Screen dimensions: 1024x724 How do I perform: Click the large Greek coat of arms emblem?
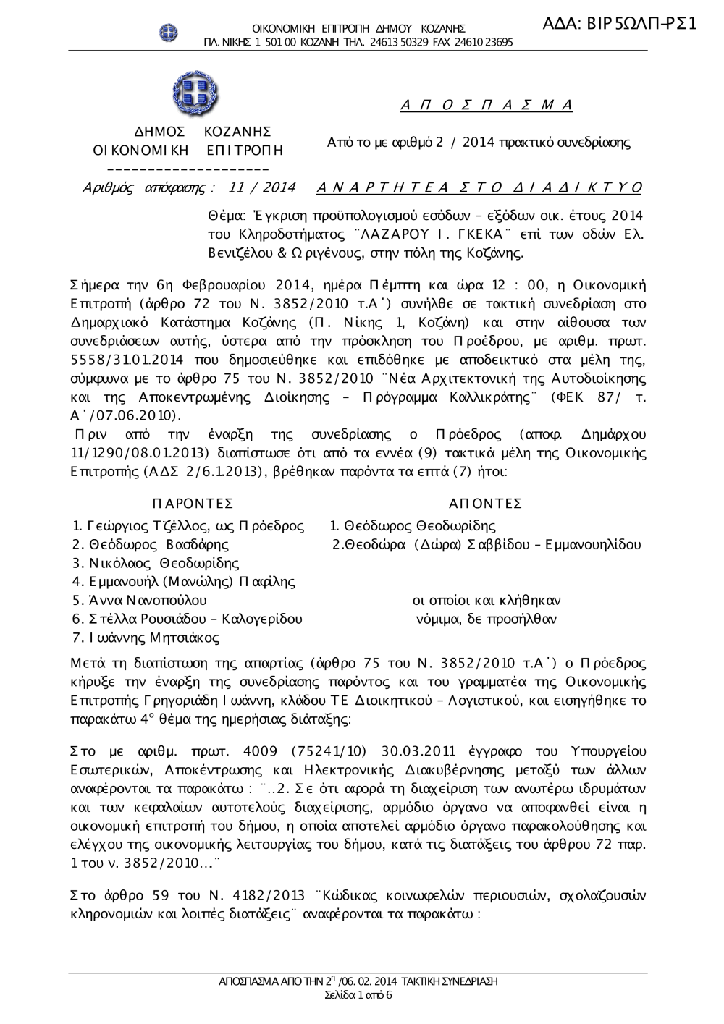click(195, 95)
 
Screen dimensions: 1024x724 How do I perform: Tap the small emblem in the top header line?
click(169, 32)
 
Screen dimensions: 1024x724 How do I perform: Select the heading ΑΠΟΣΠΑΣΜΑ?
click(487, 106)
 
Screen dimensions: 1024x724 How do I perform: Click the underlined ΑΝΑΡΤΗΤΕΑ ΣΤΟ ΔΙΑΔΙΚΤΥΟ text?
click(479, 188)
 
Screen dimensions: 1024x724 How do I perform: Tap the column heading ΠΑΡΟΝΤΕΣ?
click(193, 504)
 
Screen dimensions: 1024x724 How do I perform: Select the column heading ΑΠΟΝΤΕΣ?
click(485, 504)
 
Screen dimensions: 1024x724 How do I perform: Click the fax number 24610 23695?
click(487, 42)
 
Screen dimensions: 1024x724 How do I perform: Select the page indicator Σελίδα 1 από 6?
click(358, 995)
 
